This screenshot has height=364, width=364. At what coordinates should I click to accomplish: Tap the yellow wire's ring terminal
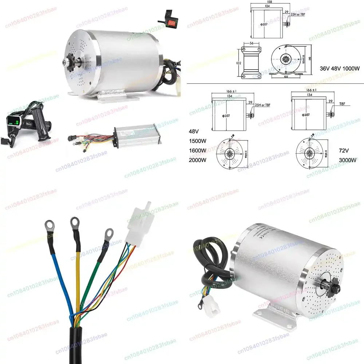click(x=75, y=222)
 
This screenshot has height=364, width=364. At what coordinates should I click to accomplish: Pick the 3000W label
click(x=347, y=160)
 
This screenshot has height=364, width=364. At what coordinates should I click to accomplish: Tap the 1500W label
click(x=197, y=142)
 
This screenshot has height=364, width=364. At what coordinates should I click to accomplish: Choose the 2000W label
click(x=197, y=160)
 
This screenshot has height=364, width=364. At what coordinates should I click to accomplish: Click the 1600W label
click(x=197, y=150)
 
